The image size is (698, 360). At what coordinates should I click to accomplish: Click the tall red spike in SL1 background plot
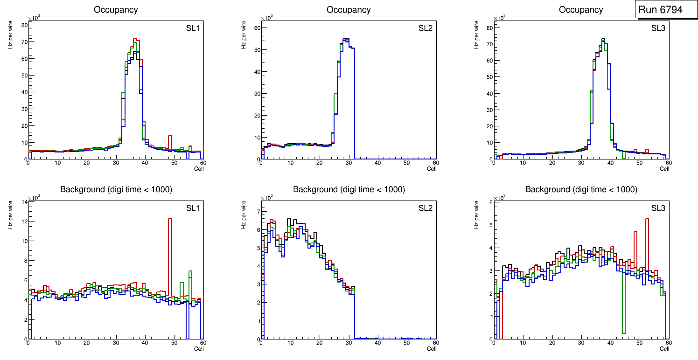170,256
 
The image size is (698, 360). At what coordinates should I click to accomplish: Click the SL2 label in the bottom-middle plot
426,208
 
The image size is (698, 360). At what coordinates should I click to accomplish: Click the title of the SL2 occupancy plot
349,10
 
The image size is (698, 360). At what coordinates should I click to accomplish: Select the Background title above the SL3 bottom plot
581,190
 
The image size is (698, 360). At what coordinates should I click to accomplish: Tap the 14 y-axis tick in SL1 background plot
23,201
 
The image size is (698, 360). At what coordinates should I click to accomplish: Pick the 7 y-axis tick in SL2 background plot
256,212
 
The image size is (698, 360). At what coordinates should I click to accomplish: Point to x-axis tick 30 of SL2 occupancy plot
348,163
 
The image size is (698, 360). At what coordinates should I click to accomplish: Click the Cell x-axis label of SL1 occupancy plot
199,169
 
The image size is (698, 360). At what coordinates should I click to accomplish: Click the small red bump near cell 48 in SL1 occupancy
170,137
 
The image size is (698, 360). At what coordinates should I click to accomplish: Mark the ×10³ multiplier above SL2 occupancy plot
266,18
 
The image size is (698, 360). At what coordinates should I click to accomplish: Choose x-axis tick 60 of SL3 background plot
668,343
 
